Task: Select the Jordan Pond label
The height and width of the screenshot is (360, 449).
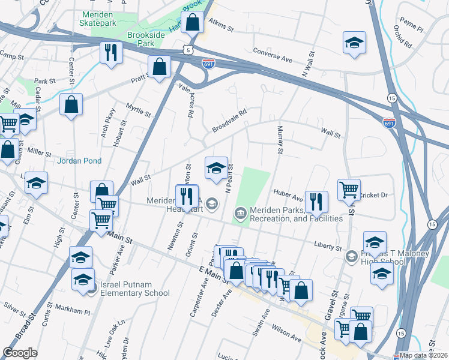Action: pyautogui.click(x=79, y=161)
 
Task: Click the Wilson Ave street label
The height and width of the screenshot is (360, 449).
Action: pyautogui.click(x=285, y=335)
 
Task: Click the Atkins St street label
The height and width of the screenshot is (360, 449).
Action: pyautogui.click(x=220, y=23)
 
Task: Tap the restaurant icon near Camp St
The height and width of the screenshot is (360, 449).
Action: pyautogui.click(x=110, y=52)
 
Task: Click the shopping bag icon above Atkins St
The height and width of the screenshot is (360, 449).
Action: pyautogui.click(x=192, y=23)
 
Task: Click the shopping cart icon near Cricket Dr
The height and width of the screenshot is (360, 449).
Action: pyautogui.click(x=349, y=189)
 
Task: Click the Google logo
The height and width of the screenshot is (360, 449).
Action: pyautogui.click(x=20, y=353)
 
